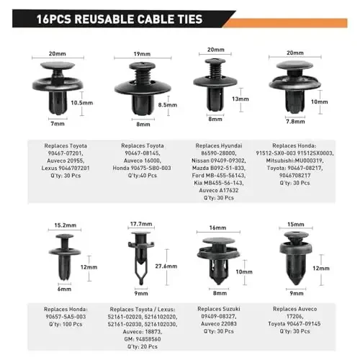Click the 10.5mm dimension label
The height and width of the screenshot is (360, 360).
coord(82,103)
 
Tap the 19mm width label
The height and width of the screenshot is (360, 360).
coord(142,54)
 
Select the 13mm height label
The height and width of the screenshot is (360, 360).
coord(240,99)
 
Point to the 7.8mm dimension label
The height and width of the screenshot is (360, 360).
coord(295,122)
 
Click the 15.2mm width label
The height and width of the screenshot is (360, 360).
coord(66,225)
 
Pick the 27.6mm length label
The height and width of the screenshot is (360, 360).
coord(166,266)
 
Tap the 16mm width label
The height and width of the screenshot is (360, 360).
coord(217,228)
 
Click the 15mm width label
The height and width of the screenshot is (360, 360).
coord(296,225)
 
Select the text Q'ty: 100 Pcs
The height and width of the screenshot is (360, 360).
coord(66,324)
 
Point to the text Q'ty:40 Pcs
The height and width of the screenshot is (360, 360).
coord(143,176)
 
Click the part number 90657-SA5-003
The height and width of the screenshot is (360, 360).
coord(66,317)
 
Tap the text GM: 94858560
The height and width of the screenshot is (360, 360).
coord(143,339)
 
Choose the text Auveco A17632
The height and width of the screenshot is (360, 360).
coord(219,190)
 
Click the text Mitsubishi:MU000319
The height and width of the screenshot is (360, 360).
coord(294,161)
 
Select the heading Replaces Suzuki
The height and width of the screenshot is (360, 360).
coord(219,309)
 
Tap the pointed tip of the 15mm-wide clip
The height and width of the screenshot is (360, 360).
coord(296,283)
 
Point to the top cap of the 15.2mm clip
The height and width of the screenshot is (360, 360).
coord(65,236)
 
